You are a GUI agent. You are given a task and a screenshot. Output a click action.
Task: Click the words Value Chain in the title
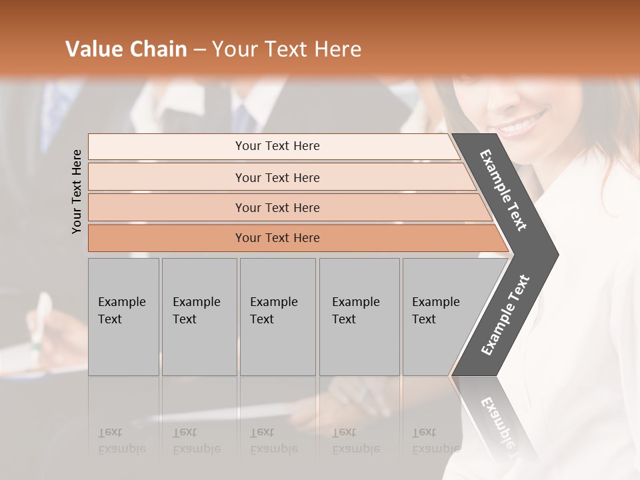[x=126, y=49]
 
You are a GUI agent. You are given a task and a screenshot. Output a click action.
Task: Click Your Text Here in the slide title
[x=287, y=49]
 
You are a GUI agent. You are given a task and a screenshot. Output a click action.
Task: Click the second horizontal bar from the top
[x=277, y=177]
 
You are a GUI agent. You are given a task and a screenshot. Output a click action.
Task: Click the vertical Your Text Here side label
[x=77, y=191]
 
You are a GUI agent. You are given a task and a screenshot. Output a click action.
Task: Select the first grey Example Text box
[x=123, y=317]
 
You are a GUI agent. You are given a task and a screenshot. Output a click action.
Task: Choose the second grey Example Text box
[x=199, y=317]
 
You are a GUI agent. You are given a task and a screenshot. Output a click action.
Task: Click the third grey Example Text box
[x=277, y=317]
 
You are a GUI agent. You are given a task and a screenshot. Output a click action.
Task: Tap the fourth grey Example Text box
[x=359, y=317]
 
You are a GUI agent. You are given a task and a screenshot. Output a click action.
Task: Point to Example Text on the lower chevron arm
[x=505, y=315]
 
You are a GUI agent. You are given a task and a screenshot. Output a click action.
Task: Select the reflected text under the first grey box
[x=121, y=441]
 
